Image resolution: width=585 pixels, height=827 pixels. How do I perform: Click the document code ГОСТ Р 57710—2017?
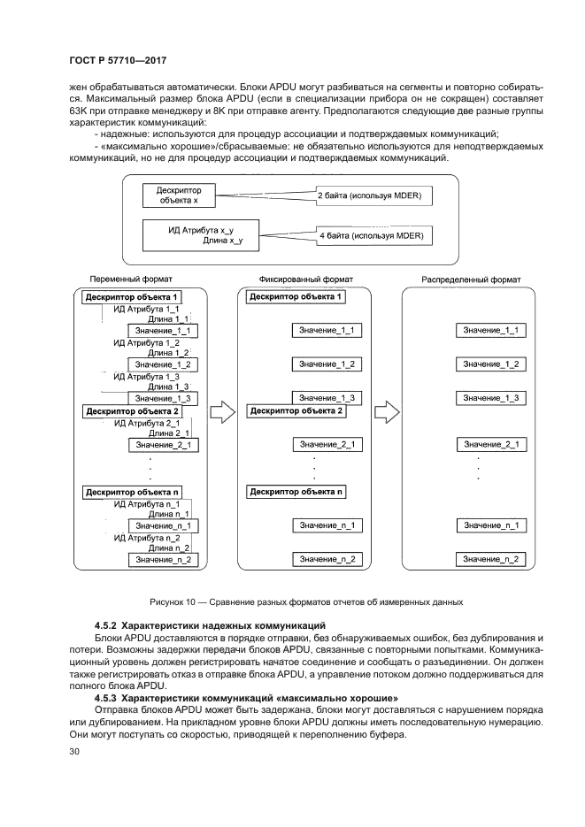coord(118,61)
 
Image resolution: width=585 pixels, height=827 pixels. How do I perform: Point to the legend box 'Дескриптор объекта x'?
coord(180,195)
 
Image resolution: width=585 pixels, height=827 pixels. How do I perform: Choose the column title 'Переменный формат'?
coord(131,279)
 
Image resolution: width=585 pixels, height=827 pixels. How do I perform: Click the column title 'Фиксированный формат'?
coord(293,279)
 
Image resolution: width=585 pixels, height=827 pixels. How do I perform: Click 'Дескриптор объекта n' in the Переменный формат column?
coord(134,492)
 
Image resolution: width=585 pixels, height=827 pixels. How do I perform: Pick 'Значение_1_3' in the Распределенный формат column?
coord(489,398)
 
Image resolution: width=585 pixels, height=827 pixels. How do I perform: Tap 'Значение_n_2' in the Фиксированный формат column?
coord(327,559)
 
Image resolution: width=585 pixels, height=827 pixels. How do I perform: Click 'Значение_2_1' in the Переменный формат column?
coord(163,445)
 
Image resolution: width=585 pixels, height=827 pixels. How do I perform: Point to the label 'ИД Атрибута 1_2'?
coord(147,342)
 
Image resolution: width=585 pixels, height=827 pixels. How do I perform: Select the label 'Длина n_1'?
coord(169,514)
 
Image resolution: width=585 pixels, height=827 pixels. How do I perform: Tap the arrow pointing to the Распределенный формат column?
coord(387,412)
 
